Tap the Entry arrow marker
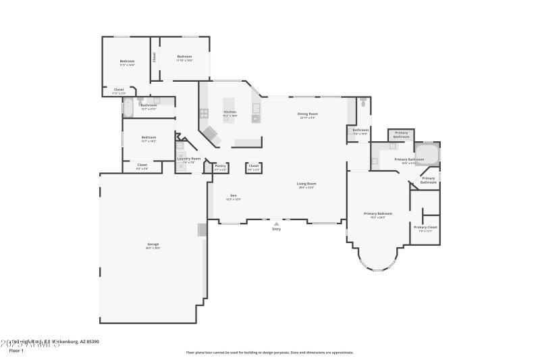(x=276, y=224)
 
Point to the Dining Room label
(x=308, y=115)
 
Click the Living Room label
(x=306, y=184)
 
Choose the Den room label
(x=233, y=196)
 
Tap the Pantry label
(x=220, y=165)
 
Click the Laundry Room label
(x=189, y=159)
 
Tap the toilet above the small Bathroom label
(x=363, y=104)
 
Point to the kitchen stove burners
(x=203, y=113)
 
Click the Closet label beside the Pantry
(x=254, y=165)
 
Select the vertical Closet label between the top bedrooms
(x=154, y=57)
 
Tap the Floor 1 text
(x=16, y=351)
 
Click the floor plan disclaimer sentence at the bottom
(x=269, y=352)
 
